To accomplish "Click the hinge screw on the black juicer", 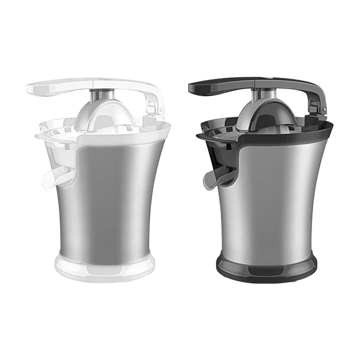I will pyautogui.click(x=324, y=109).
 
